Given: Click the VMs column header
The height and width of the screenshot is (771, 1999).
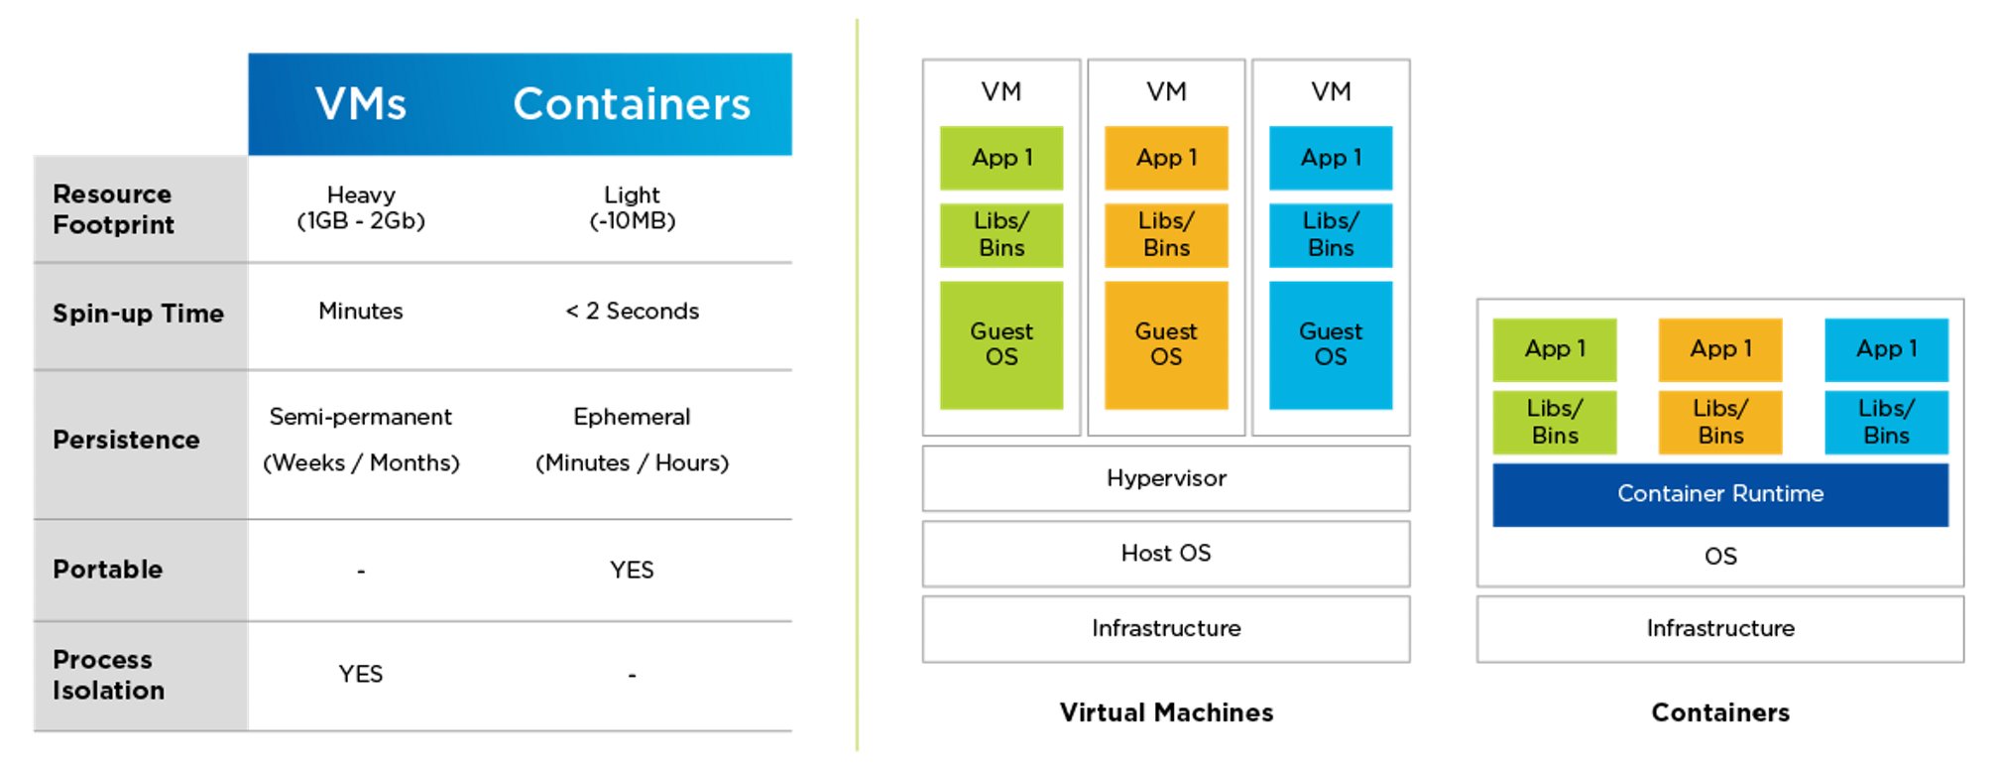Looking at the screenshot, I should [361, 104].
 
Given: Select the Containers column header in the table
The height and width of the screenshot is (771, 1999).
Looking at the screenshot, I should [632, 104].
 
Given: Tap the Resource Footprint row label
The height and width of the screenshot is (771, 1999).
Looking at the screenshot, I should [113, 209].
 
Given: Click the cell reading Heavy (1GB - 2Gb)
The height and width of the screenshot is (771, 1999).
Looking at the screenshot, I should [361, 208].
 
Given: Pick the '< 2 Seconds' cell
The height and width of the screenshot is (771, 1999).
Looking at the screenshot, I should [632, 312].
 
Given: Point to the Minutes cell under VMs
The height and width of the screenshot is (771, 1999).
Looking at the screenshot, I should [361, 312].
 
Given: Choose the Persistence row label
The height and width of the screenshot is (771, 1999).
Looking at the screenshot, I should [126, 440].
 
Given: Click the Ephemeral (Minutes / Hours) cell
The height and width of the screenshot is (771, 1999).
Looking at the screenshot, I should [632, 440].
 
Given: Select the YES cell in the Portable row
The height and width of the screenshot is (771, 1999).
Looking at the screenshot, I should [632, 570].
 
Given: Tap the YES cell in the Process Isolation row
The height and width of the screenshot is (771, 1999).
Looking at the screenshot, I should [361, 675].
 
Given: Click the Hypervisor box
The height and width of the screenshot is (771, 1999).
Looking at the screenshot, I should [1166, 478].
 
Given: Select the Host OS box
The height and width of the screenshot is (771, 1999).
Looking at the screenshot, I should [1166, 554].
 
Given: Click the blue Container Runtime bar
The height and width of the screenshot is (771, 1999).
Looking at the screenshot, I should [1720, 494].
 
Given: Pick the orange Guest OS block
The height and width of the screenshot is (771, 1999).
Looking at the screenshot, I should [1166, 344].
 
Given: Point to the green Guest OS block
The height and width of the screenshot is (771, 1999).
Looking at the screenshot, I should [1001, 344].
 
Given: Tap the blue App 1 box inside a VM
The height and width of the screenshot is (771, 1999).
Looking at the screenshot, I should [1331, 158].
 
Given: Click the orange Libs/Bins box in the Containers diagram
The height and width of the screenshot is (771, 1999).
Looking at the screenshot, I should [1720, 422].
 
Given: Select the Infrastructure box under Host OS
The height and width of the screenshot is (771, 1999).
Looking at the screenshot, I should [1166, 629].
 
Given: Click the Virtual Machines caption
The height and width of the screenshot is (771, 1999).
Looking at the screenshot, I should [1166, 712].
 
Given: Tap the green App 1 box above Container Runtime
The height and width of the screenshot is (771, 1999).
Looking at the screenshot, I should [1555, 349].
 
